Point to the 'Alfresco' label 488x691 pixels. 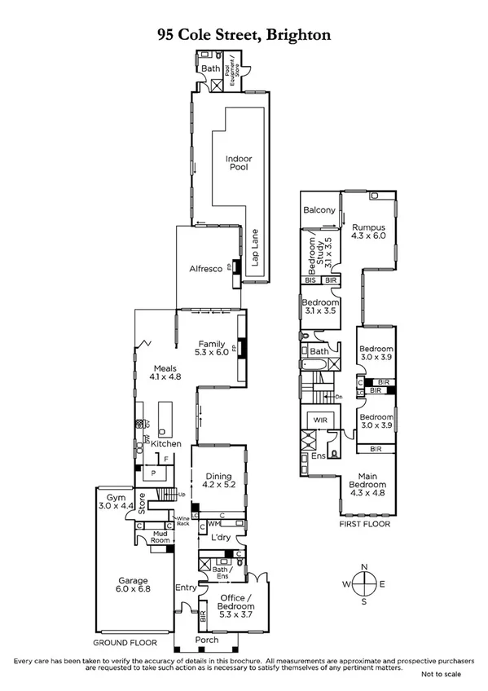coord(206,268)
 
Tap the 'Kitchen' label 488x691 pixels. coord(166,443)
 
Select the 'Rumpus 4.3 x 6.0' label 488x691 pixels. coord(367,231)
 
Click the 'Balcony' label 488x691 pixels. coord(319,210)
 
